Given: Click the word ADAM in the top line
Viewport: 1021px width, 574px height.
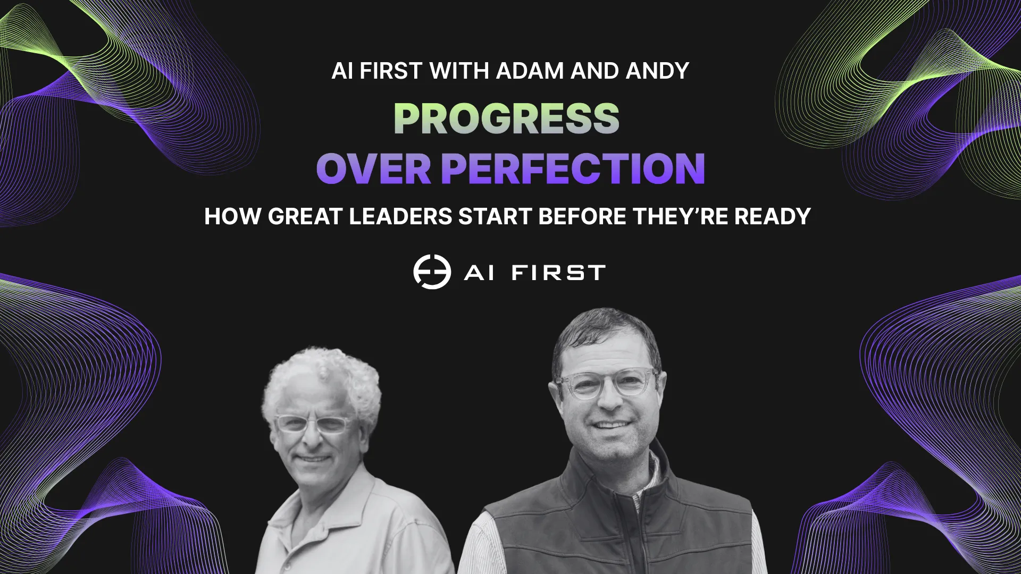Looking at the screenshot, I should (x=530, y=71).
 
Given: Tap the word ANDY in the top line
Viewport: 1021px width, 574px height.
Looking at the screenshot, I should (x=657, y=71).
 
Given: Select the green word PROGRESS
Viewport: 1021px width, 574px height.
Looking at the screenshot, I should (x=506, y=118).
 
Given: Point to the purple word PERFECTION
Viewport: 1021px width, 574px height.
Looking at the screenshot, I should (x=573, y=168).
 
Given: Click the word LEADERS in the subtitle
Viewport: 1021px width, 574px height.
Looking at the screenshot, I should (x=400, y=216).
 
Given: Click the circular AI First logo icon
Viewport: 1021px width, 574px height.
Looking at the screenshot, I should (x=432, y=272).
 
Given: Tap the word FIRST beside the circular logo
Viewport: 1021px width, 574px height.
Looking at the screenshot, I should (x=558, y=273).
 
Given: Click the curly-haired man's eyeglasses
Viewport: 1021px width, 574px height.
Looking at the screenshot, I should (x=313, y=424).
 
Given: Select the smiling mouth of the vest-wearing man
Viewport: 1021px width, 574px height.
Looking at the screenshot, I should (x=610, y=425).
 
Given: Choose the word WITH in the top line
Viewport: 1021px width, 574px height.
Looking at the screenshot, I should (x=459, y=71).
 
